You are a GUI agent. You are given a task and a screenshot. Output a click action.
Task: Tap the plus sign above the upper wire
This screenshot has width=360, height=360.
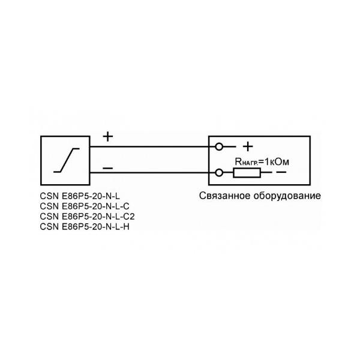(x=107, y=136)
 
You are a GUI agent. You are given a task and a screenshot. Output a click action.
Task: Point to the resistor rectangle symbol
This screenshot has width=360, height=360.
(x=247, y=173)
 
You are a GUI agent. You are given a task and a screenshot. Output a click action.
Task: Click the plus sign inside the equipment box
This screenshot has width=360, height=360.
(x=247, y=146)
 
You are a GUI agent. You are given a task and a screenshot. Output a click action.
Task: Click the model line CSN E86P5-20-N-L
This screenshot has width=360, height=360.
(x=79, y=196)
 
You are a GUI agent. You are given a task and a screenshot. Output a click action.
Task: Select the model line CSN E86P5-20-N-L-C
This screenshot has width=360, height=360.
(x=83, y=206)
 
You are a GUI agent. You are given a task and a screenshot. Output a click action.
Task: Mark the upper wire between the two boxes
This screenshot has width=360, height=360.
(x=150, y=146)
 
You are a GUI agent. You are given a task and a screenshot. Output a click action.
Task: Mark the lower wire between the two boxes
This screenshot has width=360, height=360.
(x=150, y=173)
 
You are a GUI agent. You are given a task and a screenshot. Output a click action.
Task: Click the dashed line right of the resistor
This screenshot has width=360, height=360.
(x=269, y=173)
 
